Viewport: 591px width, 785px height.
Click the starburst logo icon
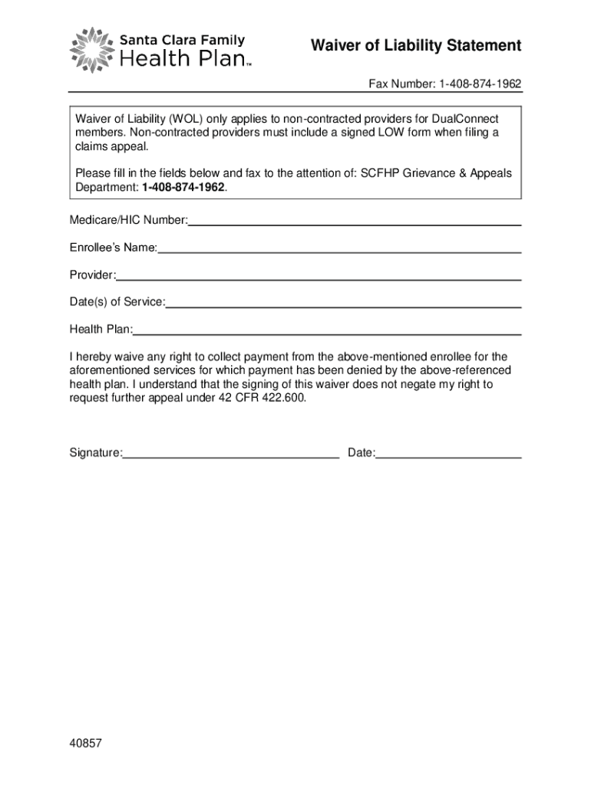(x=91, y=50)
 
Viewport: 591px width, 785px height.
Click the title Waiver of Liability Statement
(x=415, y=46)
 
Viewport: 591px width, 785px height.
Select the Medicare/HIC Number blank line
(x=355, y=223)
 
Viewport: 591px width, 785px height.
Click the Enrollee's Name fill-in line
(x=339, y=251)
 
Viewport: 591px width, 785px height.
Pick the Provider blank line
(x=319, y=278)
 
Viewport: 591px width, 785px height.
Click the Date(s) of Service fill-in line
(x=343, y=306)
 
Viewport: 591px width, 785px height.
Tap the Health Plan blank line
(x=327, y=333)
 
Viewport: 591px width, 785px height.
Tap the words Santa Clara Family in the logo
(x=182, y=40)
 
